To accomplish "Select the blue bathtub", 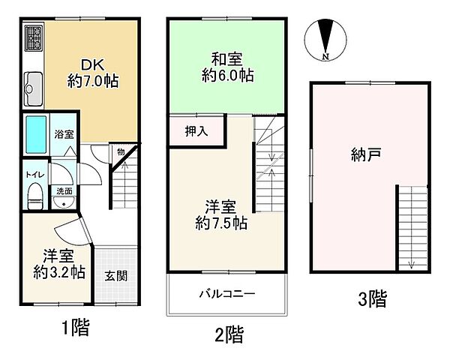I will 34,136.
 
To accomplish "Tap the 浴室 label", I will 64,135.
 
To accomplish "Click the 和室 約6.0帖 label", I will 226,66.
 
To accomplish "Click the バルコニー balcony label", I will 227,293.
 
